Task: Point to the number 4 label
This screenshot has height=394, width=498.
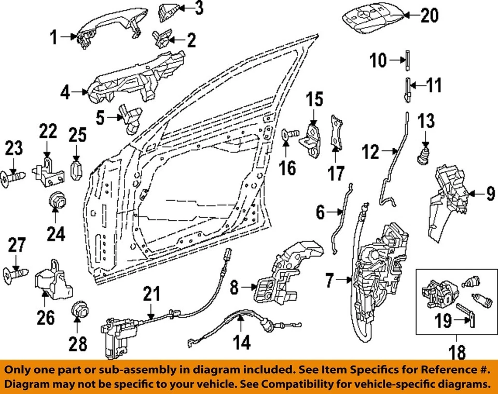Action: (x=65, y=93)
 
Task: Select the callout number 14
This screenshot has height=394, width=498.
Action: (x=242, y=342)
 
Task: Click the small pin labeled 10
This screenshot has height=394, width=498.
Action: (x=408, y=61)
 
